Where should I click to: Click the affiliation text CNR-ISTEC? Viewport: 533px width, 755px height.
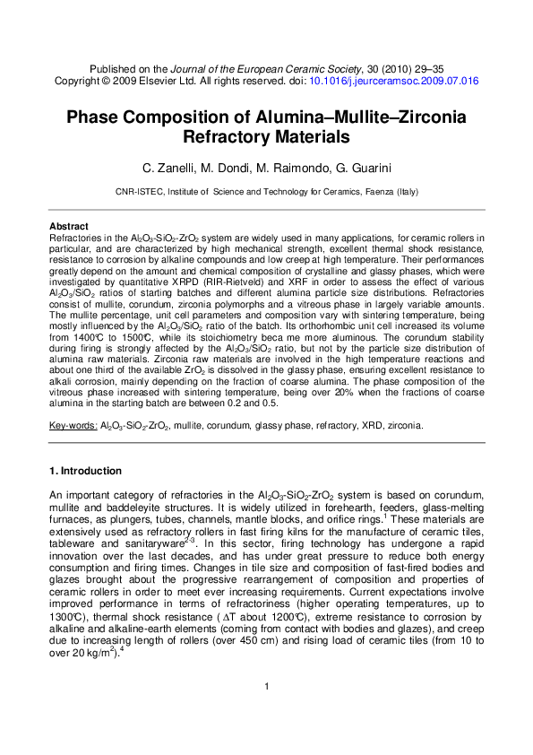pos(139,191)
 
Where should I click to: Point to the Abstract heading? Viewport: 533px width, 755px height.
pos(68,226)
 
